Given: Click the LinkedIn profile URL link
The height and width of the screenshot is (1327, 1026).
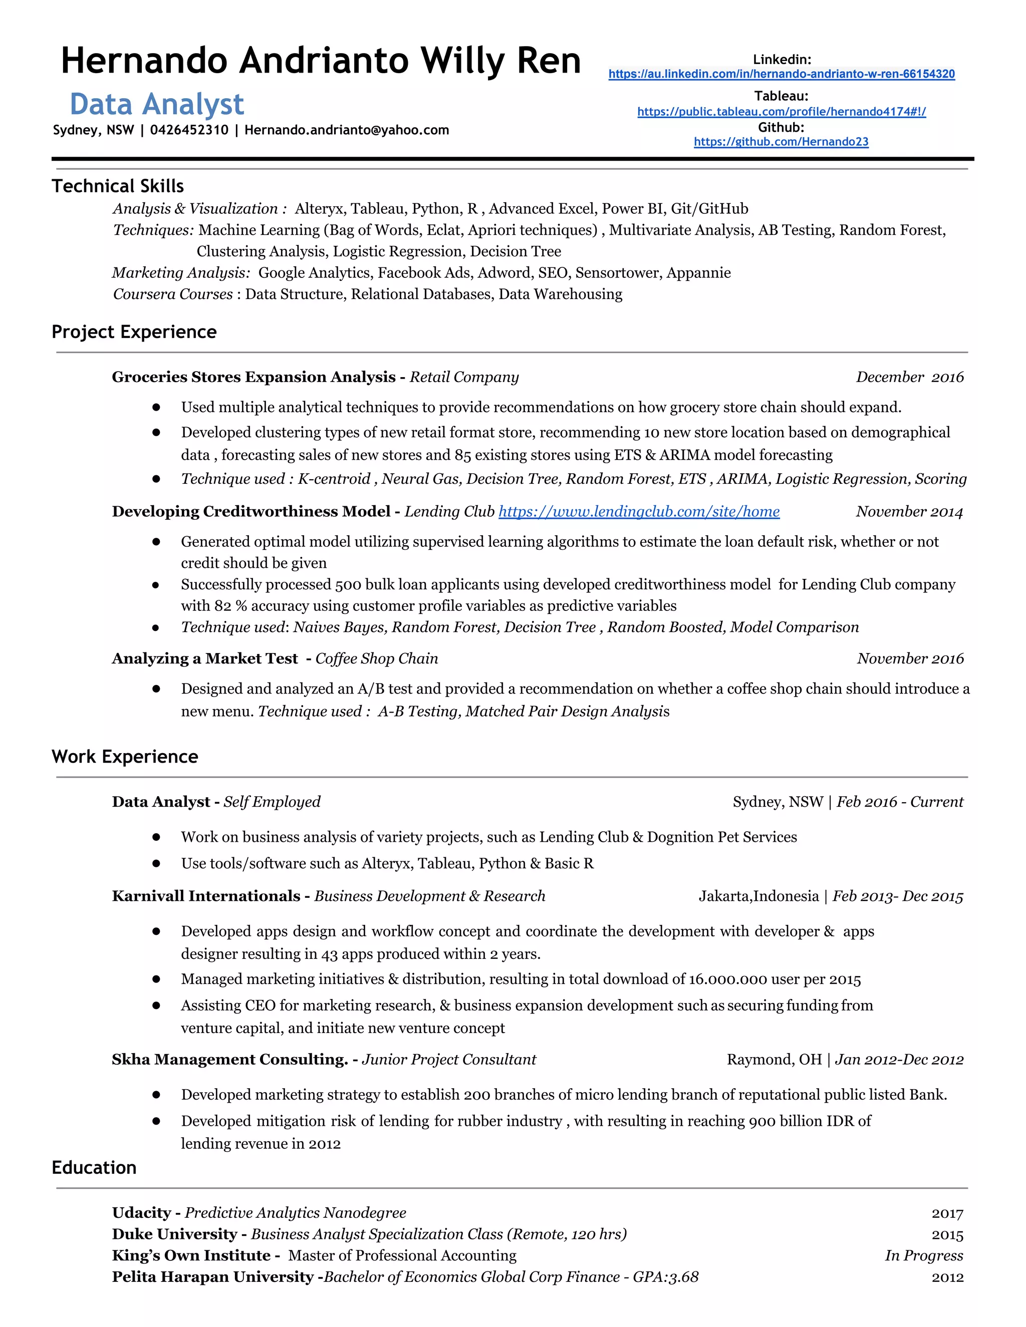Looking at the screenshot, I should (x=781, y=74).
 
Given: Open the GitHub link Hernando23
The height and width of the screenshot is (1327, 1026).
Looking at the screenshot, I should (x=781, y=142).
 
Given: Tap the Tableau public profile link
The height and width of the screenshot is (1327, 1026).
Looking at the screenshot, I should (x=781, y=112).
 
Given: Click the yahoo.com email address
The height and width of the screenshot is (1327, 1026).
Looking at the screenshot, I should (x=347, y=130).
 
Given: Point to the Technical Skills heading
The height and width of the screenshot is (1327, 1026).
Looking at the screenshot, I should (x=117, y=186).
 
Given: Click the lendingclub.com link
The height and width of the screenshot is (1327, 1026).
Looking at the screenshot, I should (x=639, y=512).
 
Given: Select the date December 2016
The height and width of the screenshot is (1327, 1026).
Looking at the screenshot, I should (x=909, y=378).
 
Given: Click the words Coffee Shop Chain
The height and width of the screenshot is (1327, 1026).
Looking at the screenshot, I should (x=376, y=658).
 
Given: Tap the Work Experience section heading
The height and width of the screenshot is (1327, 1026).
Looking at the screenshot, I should (x=125, y=757).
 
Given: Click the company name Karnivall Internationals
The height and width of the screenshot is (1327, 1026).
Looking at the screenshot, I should (x=205, y=896).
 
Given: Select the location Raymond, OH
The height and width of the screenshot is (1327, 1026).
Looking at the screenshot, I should (x=773, y=1060).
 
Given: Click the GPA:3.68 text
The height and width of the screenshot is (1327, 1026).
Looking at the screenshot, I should (x=666, y=1277).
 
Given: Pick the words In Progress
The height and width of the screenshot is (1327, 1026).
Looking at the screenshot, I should (x=923, y=1255).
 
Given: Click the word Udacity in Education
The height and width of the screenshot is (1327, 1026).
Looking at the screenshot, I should (x=141, y=1213).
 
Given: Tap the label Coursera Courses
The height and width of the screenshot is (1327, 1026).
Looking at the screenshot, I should (x=173, y=294).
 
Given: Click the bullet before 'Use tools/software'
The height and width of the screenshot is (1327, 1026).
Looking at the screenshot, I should (x=156, y=863).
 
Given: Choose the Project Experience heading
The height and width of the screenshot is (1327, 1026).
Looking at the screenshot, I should (x=134, y=331).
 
